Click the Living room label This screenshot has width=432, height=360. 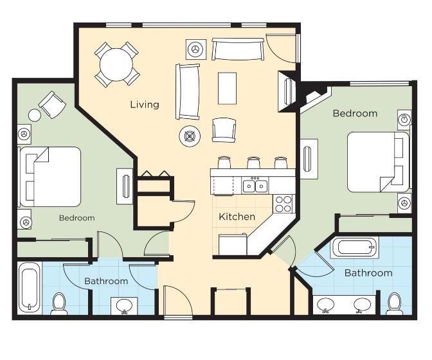tap(145, 104)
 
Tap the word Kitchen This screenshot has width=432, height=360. tap(237, 217)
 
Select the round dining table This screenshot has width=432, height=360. tap(117, 64)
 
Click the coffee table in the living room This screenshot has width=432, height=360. tap(227, 88)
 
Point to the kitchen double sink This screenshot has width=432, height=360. tap(255, 186)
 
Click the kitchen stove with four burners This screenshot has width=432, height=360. tap(283, 203)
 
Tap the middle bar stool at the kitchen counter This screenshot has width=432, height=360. tap(253, 163)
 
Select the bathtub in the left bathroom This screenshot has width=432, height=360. tap(30, 287)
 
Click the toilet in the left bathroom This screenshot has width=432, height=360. tap(59, 303)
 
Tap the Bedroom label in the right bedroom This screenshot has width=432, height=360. tap(355, 113)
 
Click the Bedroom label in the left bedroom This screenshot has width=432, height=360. tap(77, 218)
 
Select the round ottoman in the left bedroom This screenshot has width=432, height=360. tap(34, 115)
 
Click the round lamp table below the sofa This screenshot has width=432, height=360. tap(190, 135)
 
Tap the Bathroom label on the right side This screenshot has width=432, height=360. tap(368, 273)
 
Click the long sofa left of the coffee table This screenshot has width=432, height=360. tap(188, 91)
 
